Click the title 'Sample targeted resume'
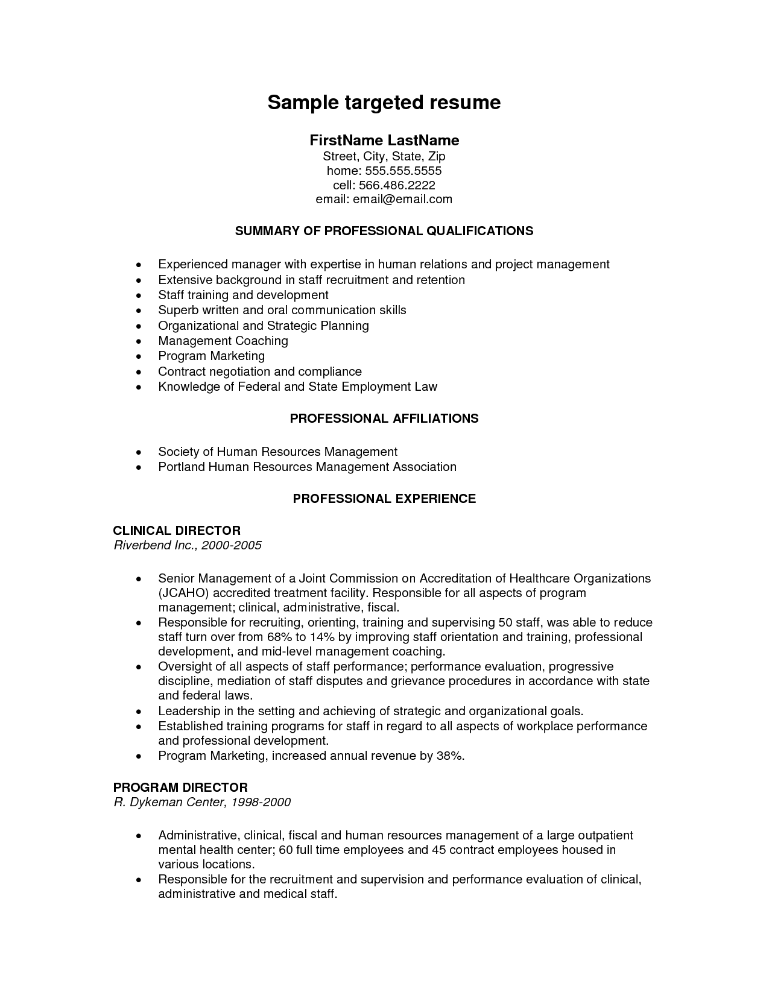click(x=384, y=103)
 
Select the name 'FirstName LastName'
click(x=384, y=141)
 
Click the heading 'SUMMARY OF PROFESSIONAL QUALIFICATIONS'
click(x=384, y=231)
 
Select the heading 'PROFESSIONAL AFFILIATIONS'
click(x=384, y=419)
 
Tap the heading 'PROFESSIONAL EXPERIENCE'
click(x=384, y=499)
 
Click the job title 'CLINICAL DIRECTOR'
click(x=177, y=531)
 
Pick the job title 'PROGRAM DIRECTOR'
click(x=180, y=788)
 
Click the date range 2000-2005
click(x=232, y=546)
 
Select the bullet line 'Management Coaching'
click(x=223, y=341)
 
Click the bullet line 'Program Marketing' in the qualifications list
click(x=211, y=356)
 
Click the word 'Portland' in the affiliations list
click(x=181, y=467)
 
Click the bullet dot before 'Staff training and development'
click(x=139, y=295)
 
